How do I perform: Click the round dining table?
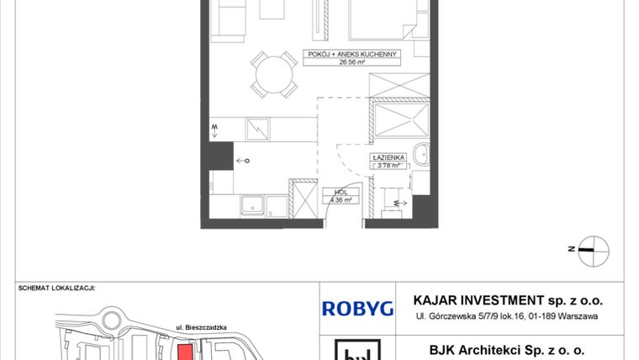pos(272,76)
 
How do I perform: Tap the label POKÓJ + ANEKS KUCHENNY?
pos(351,55)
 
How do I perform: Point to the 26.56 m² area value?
pos(351,61)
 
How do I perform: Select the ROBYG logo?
pos(357,308)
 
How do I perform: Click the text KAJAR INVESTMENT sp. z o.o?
pos(508,300)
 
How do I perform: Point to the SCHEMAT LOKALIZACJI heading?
pos(57,288)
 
